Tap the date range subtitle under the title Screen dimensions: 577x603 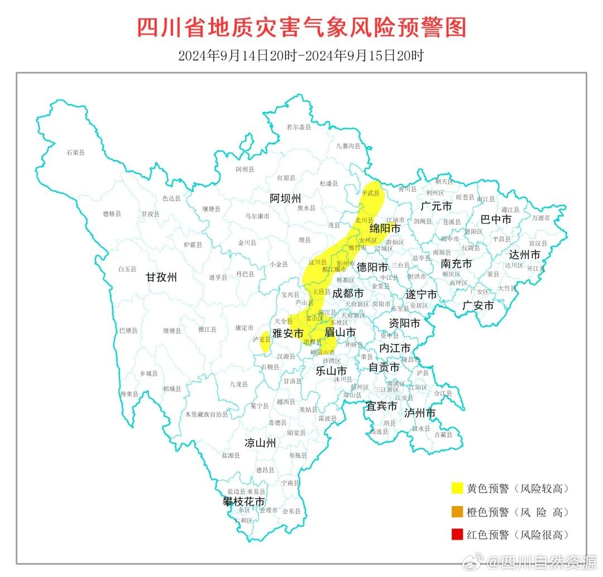301,56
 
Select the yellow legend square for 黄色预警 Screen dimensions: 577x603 457,488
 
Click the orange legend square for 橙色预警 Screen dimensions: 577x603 457,512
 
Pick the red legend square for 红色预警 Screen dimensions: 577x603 457,535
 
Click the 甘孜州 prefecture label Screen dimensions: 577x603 161,277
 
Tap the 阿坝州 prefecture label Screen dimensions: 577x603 285,198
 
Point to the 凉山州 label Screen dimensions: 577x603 260,443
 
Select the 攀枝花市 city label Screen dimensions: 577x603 244,502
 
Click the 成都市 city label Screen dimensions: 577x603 348,293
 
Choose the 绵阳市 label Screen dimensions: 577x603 385,229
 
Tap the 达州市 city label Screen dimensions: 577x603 524,255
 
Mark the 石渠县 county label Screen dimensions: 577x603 75,152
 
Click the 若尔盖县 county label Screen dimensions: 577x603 298,127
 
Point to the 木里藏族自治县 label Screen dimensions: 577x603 207,415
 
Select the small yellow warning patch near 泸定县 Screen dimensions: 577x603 265,341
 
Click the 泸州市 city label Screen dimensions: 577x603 420,413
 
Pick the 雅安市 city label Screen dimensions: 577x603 288,333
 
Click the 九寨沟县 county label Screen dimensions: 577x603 348,146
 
